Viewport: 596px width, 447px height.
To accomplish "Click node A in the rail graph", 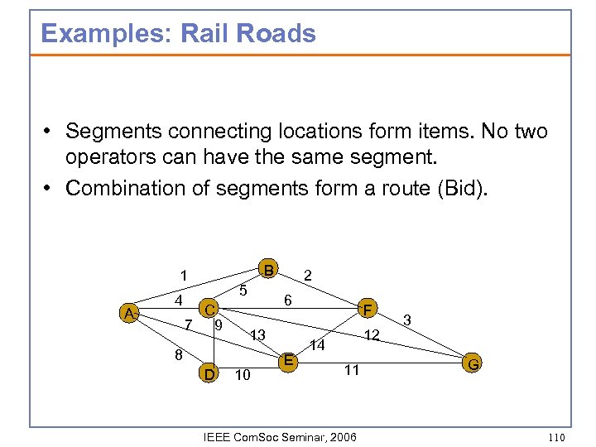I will pos(128,313).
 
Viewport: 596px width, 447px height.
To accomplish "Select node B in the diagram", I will pos(267,270).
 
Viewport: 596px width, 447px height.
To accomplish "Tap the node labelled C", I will pos(211,310).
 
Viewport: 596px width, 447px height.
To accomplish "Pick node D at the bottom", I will pos(210,374).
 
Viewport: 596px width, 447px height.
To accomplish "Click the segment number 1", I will pos(184,275).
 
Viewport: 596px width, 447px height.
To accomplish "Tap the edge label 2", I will pos(308,275).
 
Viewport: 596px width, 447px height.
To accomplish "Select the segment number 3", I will pos(406,319).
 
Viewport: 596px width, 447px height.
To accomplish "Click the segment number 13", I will pos(257,335).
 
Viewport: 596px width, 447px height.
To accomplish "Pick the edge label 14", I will pos(317,345).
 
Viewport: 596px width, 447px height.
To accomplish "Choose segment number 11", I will pos(352,370).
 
